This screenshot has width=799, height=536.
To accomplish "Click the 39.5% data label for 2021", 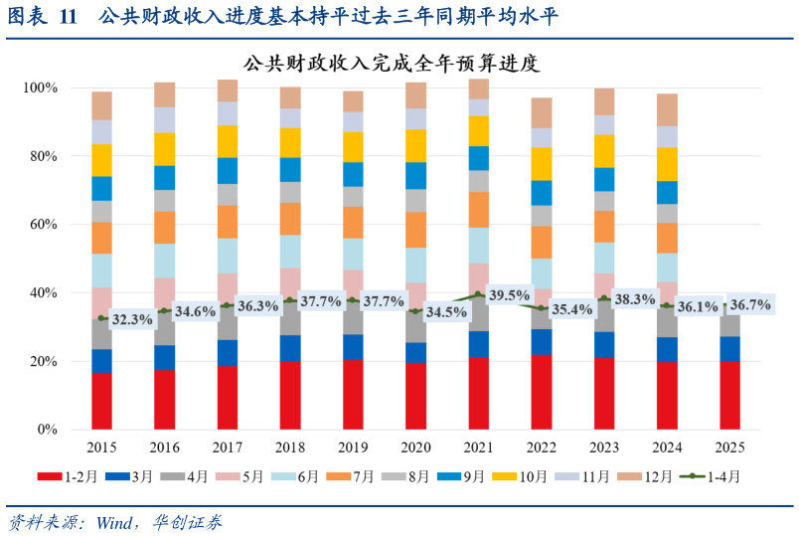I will point(511,295).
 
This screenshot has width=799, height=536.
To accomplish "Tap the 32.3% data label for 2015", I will point(132,319).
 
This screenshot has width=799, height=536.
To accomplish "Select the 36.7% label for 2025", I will point(750,305).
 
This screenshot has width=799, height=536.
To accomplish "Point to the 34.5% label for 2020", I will point(446,312).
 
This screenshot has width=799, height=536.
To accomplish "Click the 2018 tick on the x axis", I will point(290,448).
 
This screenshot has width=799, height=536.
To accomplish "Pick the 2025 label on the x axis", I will point(730,448).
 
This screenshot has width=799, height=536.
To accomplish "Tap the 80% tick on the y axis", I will point(41,156).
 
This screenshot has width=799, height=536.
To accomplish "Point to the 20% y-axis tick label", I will point(41,361).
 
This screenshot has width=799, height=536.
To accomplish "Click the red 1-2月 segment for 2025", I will point(730,396).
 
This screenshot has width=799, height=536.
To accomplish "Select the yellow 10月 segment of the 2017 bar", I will point(228,141).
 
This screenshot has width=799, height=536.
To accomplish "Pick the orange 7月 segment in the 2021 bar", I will point(479,210).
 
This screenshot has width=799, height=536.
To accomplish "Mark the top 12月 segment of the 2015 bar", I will point(101,105).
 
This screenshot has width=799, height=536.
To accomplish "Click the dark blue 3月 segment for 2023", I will point(605,344).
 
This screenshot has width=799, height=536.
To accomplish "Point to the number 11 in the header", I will point(68,17).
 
